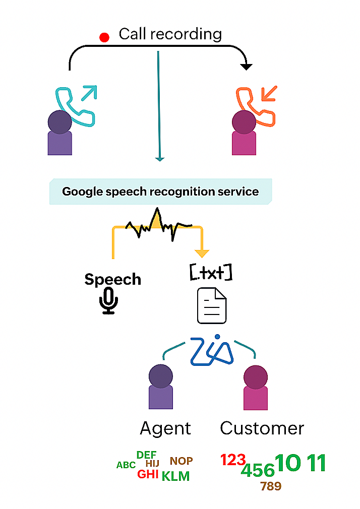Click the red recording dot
click(104, 37)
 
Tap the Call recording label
click(170, 34)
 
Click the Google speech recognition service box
click(160, 192)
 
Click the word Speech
click(112, 280)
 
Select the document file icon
click(211, 305)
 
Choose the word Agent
click(165, 428)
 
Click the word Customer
click(262, 428)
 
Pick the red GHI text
click(148, 474)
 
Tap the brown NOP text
click(181, 461)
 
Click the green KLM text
click(175, 476)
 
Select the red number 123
click(233, 460)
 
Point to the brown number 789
click(271, 486)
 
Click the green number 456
click(258, 471)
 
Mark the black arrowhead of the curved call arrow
click(246, 66)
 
